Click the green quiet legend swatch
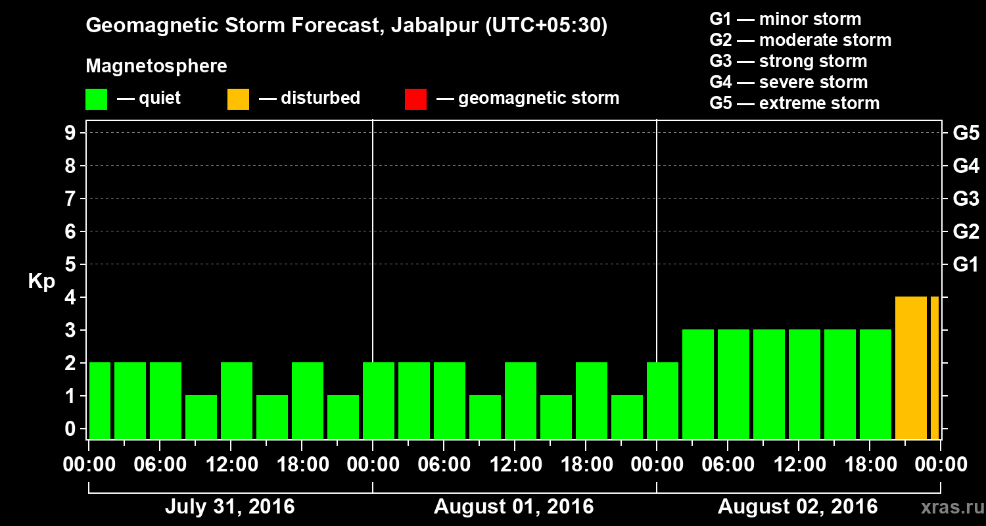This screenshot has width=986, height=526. tap(96, 99)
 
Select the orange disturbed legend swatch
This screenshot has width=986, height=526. tap(238, 99)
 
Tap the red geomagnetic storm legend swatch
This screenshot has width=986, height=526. tap(415, 99)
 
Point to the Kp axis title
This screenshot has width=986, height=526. tap(41, 281)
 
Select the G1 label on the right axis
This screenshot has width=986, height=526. tap(966, 265)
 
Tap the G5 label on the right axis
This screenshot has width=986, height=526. tap(966, 133)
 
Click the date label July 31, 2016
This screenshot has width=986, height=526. tap(229, 507)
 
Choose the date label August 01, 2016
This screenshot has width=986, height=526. tap(513, 507)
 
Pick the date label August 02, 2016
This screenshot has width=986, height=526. tap(797, 507)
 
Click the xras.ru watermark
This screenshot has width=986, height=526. tap(949, 507)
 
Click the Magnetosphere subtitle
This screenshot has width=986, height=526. tap(156, 66)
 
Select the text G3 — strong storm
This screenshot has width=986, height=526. tap(788, 61)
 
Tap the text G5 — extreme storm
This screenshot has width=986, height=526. tap(794, 103)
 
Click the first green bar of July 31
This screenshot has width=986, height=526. tap(100, 400)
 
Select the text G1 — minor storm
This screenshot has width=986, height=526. tap(785, 19)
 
